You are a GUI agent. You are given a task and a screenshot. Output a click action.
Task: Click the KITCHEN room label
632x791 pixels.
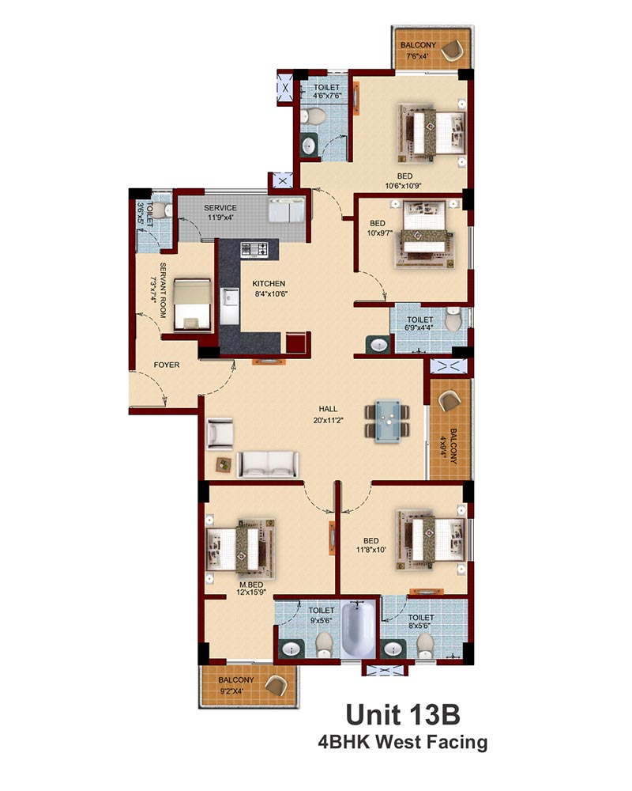pos(269,284)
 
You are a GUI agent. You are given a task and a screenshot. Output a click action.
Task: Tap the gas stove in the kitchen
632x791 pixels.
pos(254,249)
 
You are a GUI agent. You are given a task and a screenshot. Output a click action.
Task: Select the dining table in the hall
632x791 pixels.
pos(387,421)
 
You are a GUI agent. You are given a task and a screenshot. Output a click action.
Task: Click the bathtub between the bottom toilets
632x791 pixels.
pos(358,629)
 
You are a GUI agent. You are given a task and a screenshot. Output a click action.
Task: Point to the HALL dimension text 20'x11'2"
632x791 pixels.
pos(328,420)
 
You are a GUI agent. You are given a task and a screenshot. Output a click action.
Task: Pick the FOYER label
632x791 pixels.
pos(167,365)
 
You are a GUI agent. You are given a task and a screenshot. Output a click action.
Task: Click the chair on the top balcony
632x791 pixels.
pos(452,51)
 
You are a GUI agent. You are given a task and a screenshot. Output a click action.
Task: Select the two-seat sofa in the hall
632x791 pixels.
pos(268,464)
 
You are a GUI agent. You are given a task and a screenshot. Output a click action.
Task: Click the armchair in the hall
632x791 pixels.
pos(220,433)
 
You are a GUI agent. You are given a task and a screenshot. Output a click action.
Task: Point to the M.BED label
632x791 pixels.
pos(251,585)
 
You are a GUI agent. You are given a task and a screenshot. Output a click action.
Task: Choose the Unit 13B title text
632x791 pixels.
pos(403,715)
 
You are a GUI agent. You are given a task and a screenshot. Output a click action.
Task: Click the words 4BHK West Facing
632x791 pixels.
pos(403,742)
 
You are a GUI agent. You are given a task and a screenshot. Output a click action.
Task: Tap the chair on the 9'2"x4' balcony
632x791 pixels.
pos(276,685)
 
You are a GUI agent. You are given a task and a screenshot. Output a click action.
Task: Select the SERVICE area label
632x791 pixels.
pos(220,208)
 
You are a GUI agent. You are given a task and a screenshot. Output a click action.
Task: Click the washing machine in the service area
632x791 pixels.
pos(286,210)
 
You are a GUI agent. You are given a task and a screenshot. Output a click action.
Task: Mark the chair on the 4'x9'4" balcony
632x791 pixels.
pos(449,401)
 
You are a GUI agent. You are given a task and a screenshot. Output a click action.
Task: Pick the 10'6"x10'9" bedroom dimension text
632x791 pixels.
pos(403,186)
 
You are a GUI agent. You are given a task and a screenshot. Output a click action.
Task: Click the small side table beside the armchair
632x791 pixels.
pos(222,464)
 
